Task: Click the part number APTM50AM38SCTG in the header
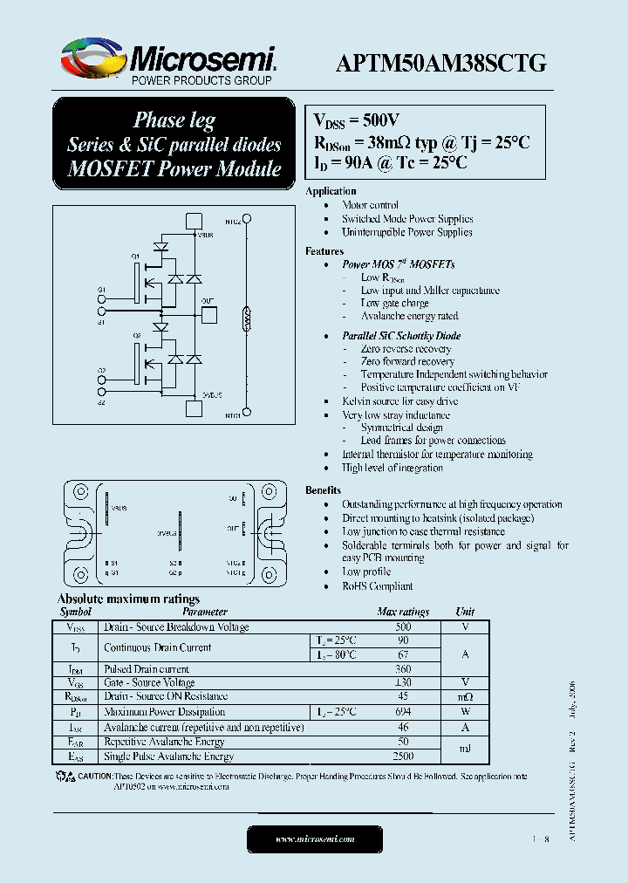(441, 63)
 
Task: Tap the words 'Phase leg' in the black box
(174, 120)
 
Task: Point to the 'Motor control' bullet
(370, 205)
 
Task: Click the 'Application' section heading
(331, 190)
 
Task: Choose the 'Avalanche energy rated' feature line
(409, 316)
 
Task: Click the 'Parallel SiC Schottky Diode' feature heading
(401, 336)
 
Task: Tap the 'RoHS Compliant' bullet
(377, 586)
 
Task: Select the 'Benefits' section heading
(323, 490)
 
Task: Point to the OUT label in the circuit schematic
(207, 301)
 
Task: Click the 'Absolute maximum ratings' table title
(128, 599)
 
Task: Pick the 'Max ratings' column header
(402, 613)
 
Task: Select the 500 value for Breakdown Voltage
(402, 627)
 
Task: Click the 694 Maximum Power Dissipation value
(402, 712)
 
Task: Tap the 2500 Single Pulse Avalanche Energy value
(402, 757)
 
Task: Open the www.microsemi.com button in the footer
(314, 839)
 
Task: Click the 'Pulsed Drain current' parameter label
(146, 669)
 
